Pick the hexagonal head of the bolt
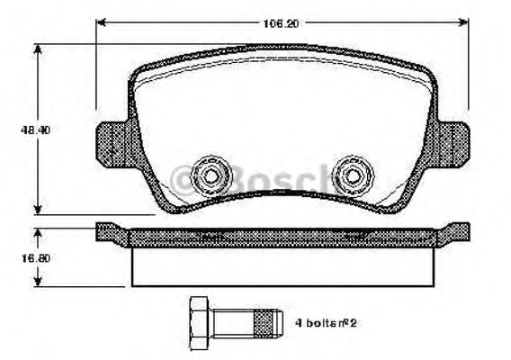pos(200,319)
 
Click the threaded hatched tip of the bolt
pos(265,319)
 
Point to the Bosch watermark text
pos(261,177)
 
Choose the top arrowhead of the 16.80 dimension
pos(37,230)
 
